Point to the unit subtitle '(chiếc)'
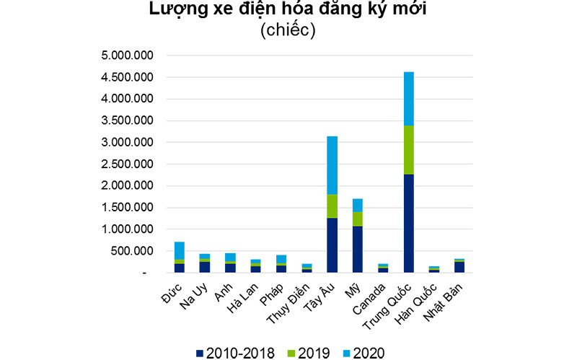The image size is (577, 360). click(x=288, y=32)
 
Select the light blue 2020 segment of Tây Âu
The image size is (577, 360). click(x=332, y=165)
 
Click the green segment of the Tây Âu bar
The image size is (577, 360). click(x=332, y=206)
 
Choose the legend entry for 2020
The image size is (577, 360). click(x=361, y=352)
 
